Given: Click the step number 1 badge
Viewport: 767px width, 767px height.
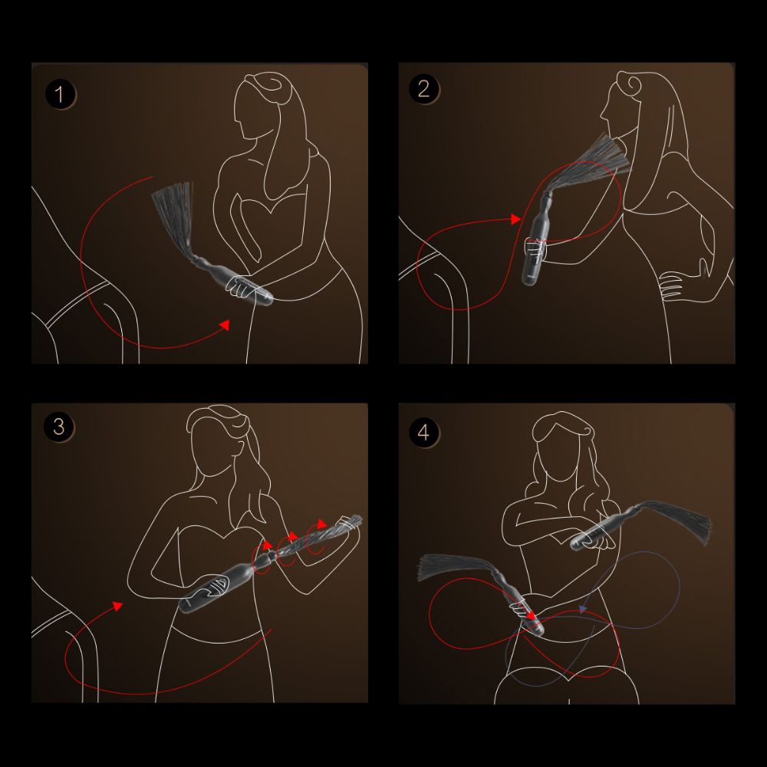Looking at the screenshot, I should pos(61,95).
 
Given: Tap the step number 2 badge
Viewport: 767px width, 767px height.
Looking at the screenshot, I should pos(423,89).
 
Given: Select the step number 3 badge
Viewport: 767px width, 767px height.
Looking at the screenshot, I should pos(60,426).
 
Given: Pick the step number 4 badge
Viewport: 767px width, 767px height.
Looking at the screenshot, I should pos(423,432).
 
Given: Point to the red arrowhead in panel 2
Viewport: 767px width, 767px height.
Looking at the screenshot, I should pos(516,219).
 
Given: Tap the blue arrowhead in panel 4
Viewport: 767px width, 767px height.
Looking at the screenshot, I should pos(583,611).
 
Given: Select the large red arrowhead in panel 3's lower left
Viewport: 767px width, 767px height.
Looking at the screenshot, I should pos(117,606).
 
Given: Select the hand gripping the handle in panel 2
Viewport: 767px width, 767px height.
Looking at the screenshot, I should pos(535,247).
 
